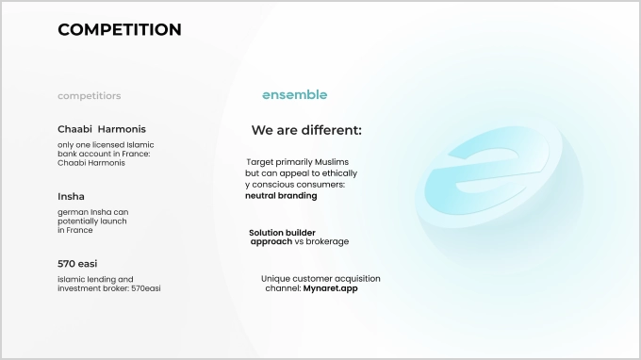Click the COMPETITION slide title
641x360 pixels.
(120, 30)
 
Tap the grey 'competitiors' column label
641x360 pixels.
(89, 96)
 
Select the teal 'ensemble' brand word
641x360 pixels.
(294, 95)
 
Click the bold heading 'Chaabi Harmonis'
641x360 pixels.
(102, 129)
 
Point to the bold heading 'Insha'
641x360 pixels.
(71, 196)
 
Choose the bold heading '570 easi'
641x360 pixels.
(78, 264)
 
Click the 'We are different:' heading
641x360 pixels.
(306, 130)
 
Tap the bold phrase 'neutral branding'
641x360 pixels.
(281, 196)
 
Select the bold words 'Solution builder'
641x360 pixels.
(282, 232)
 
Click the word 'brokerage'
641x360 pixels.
(327, 242)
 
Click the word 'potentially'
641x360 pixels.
(80, 221)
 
